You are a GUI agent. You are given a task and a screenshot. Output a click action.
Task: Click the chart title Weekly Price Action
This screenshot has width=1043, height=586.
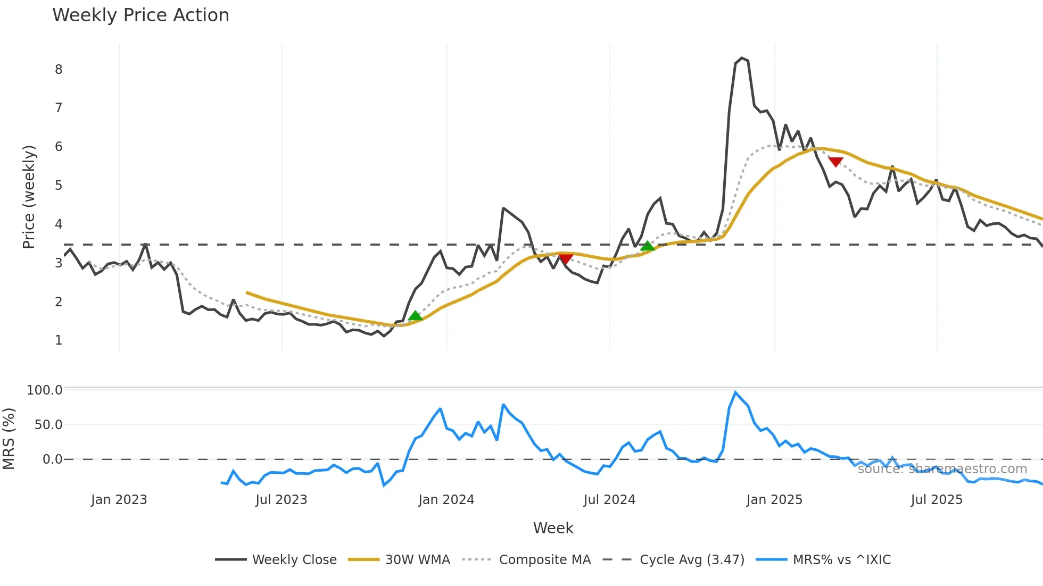coord(140,15)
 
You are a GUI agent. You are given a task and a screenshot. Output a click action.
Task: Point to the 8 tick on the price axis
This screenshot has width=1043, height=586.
coord(59,70)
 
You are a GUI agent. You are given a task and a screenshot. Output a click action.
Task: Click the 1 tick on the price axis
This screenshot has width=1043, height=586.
coord(59,340)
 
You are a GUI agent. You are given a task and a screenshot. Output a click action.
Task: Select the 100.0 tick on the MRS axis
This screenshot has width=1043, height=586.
coord(45,390)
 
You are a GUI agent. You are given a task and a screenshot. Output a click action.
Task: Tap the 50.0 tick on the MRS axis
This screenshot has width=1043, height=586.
coord(48,425)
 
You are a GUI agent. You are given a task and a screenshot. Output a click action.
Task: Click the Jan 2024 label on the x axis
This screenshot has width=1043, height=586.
coord(446,500)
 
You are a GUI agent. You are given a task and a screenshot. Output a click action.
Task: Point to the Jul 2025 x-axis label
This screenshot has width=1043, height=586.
coord(937,500)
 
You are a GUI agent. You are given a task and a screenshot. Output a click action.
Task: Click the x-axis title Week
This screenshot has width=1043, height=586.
coord(553,528)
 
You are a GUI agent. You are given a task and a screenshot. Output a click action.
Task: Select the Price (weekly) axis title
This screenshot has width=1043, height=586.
coord(29,197)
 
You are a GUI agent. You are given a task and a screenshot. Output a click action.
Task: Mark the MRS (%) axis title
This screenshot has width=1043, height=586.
coord(9,439)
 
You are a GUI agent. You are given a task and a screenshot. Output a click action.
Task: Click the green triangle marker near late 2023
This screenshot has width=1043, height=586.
coord(415,316)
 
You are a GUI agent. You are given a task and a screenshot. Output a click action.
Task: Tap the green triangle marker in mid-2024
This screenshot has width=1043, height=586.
coord(647,246)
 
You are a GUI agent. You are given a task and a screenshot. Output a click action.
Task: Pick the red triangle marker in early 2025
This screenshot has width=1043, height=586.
coord(835,162)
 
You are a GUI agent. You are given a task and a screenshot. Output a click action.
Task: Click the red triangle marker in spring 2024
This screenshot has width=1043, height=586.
coord(566,259)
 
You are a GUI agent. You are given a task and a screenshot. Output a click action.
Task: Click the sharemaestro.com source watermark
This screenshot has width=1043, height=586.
coord(942,469)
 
